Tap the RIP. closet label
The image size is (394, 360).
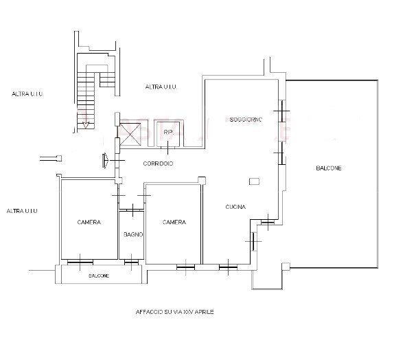point(167,132)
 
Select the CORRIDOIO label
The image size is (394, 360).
point(158,164)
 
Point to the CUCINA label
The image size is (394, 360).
point(235,207)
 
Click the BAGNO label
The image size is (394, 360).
point(132,235)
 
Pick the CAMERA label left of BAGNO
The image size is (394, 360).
point(89,223)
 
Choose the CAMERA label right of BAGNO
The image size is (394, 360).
point(174,223)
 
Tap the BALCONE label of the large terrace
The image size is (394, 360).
point(329,168)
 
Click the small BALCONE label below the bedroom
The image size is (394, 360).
point(100,275)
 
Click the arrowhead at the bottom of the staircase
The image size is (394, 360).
point(86,125)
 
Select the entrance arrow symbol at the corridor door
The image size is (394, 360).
point(104,160)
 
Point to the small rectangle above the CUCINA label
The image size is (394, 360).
point(254,181)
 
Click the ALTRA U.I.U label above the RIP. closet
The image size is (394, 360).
point(161,87)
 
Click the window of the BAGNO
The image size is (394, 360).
point(130,260)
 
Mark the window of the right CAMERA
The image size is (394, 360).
point(185,266)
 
